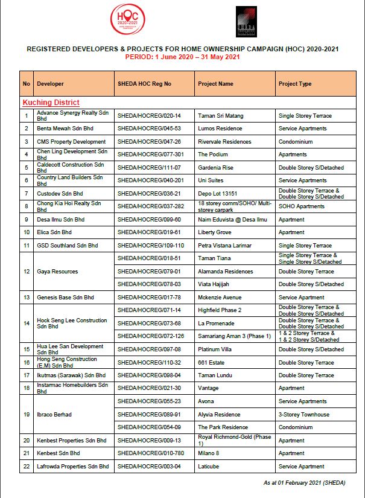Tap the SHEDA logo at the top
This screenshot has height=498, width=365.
[x=246, y=22]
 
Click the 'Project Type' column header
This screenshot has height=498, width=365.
[x=295, y=83]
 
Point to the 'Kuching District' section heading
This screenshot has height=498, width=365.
[x=51, y=103]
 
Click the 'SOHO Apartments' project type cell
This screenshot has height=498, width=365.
[x=301, y=206]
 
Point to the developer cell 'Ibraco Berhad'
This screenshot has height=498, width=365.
[x=54, y=415]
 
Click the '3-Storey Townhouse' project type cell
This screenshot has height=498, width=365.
[x=304, y=415]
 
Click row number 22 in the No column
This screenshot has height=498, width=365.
[x=27, y=467]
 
